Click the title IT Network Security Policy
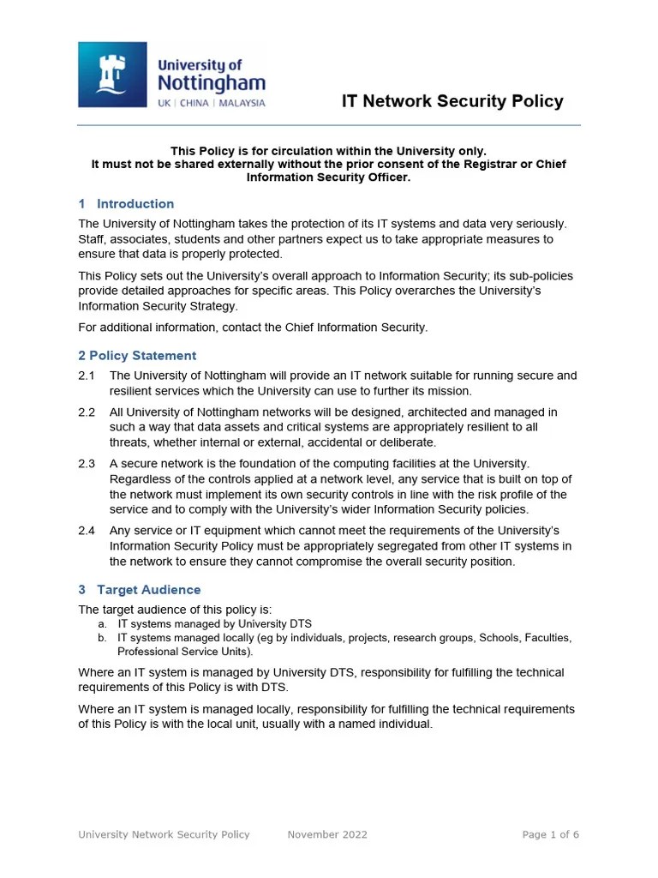(452, 101)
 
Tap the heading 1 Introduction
(126, 204)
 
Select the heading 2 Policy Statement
(137, 356)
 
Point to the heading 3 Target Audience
(140, 590)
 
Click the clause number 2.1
(87, 376)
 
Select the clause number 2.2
(87, 412)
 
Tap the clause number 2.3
(87, 464)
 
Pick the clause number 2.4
(87, 531)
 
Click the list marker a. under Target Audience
(102, 624)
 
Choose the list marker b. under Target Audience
(102, 638)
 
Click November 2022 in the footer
(327, 834)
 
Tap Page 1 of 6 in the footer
(551, 834)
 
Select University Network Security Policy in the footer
(164, 834)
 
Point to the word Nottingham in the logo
(211, 84)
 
